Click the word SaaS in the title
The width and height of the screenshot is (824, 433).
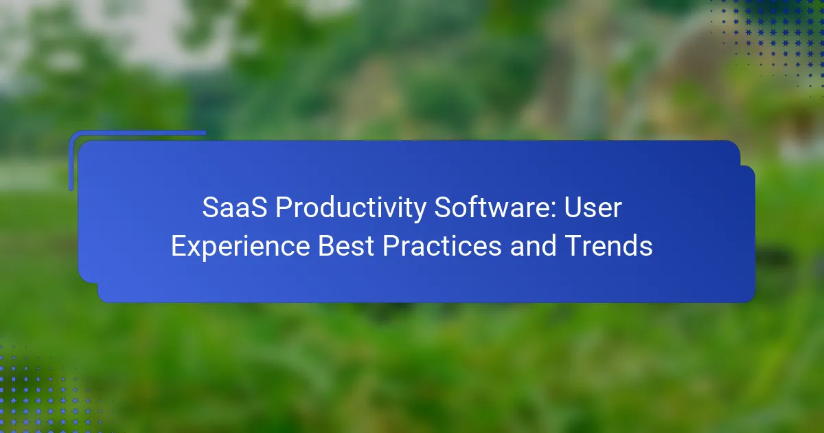[235, 208]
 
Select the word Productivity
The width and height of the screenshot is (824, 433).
[351, 208]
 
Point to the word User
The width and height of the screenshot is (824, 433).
[593, 208]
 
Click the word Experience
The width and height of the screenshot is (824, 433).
[240, 247]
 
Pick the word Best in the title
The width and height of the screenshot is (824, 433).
[346, 245]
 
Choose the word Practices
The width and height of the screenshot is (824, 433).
[442, 245]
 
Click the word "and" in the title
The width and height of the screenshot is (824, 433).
[533, 245]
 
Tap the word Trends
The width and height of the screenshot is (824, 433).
[608, 245]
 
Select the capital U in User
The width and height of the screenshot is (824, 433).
[573, 208]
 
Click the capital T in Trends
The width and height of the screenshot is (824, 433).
[573, 245]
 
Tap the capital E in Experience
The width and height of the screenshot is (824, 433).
[179, 245]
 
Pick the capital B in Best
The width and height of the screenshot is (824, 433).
[326, 245]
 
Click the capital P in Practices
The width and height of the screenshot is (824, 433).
[391, 245]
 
